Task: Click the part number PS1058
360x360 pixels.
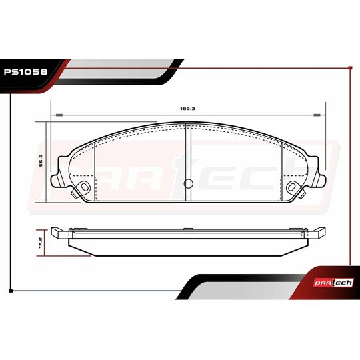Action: [x=25, y=72]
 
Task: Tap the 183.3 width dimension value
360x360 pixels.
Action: [x=187, y=109]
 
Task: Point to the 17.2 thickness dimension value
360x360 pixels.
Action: [x=41, y=243]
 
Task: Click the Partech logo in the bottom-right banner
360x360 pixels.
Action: [x=333, y=283]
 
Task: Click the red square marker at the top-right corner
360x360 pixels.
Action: [x=350, y=68]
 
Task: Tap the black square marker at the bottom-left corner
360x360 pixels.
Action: [x=11, y=291]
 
